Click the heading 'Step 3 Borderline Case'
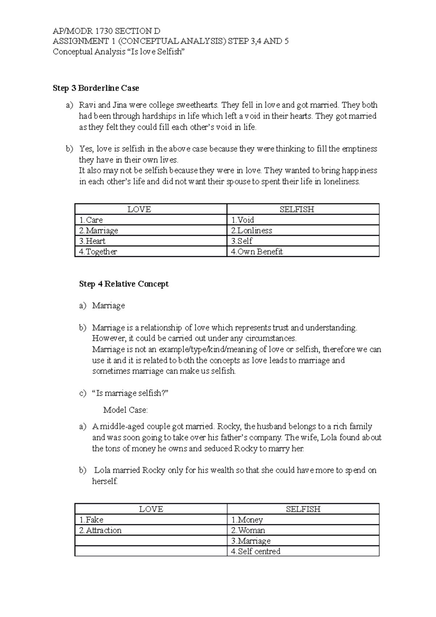[96, 88]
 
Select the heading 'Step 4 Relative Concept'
[124, 284]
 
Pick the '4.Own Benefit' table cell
[257, 252]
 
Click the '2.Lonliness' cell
[251, 231]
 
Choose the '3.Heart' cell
[92, 241]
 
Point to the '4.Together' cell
[98, 252]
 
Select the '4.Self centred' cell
[256, 552]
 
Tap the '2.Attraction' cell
[100, 531]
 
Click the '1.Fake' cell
[91, 520]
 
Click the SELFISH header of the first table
[297, 210]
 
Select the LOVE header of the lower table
[151, 509]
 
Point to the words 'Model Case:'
[125, 410]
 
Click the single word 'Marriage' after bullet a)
[108, 306]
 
